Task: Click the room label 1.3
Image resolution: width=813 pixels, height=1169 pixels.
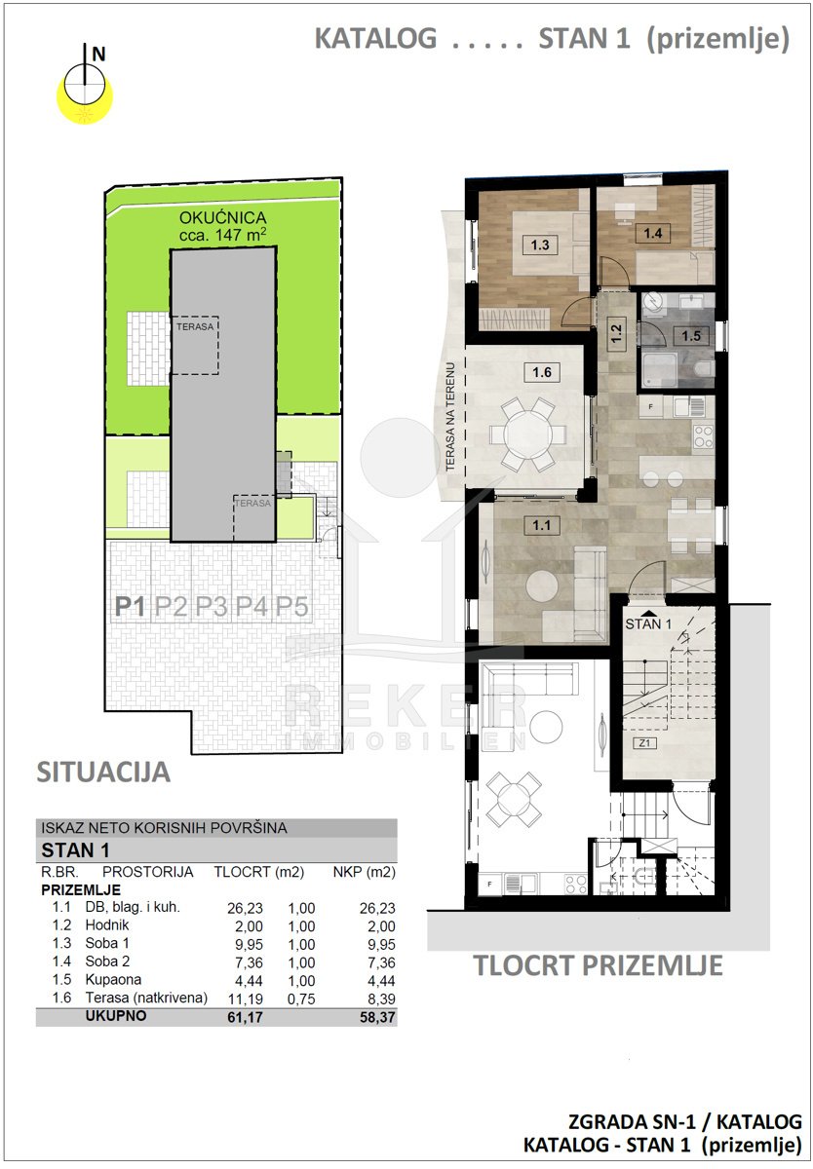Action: click(539, 245)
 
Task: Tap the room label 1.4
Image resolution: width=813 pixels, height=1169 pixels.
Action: click(653, 233)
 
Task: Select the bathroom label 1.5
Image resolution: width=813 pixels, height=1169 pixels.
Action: click(691, 335)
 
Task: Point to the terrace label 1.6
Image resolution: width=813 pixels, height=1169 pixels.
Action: click(542, 372)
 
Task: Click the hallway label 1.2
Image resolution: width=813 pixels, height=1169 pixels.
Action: click(616, 333)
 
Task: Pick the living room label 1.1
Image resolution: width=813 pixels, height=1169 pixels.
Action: click(541, 525)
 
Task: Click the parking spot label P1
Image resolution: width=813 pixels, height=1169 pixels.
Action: click(130, 607)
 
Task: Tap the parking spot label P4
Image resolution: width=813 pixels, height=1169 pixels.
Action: click(252, 607)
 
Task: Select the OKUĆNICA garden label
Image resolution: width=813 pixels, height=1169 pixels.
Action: click(223, 217)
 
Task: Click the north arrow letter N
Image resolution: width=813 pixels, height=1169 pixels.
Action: click(98, 55)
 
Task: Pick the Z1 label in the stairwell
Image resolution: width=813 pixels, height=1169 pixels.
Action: click(644, 742)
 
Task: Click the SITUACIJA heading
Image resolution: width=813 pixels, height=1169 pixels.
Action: click(103, 773)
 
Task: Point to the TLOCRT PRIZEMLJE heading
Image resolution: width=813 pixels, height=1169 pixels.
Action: click(598, 965)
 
